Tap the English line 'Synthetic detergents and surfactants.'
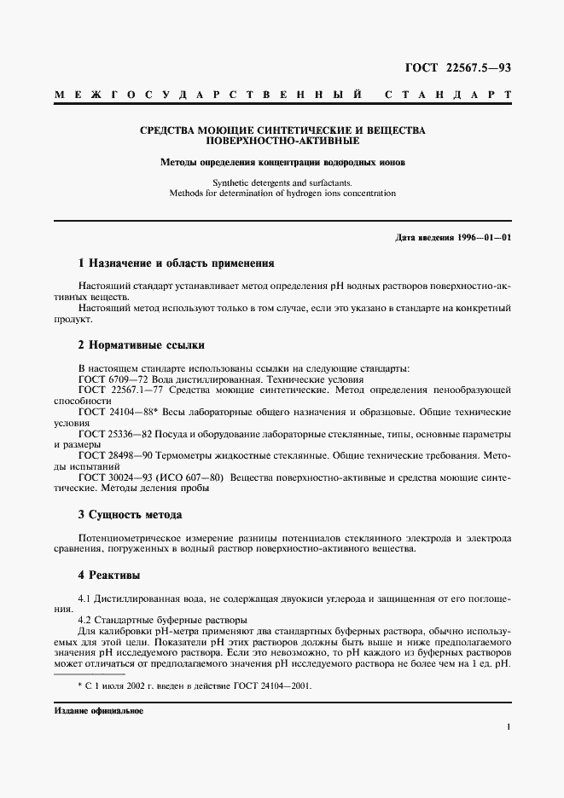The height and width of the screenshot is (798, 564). [282, 182]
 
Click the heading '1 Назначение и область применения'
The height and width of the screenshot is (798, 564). [176, 263]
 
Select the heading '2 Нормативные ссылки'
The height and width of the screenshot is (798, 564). [141, 344]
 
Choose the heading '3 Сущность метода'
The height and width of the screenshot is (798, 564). [130, 514]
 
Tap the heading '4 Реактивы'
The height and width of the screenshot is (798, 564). [109, 575]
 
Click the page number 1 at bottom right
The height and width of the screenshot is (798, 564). [509, 726]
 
